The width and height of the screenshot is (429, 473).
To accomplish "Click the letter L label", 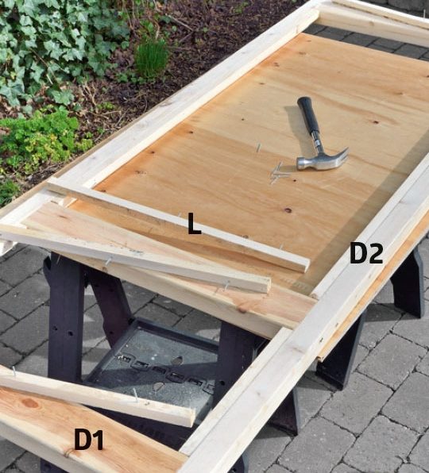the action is [194, 224].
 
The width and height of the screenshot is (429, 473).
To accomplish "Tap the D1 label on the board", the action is [88, 440].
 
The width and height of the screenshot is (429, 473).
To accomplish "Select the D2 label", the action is [366, 254].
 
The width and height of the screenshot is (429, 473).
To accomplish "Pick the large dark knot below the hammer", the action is [288, 210].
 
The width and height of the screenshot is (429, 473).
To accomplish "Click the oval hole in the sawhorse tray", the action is [176, 360].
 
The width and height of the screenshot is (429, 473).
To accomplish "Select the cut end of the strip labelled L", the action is [305, 265].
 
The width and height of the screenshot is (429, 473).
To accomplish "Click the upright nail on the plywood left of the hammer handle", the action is [258, 147].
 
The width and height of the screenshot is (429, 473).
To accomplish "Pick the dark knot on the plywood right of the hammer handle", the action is [375, 122].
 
